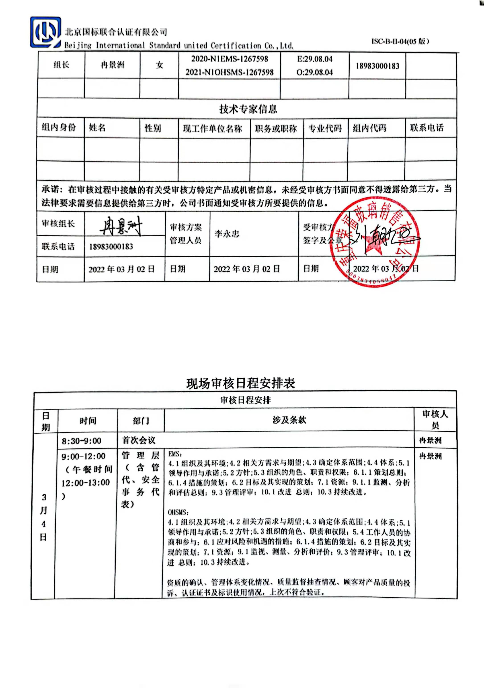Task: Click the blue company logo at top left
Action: tap(45, 32)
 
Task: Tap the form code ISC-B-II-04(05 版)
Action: tap(400, 41)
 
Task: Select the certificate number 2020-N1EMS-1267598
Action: tap(230, 59)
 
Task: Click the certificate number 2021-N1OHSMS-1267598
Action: tap(230, 72)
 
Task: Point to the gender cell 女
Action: tap(159, 65)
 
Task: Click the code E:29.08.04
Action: tap(315, 59)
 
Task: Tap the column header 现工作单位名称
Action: tap(213, 129)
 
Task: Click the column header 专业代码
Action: tap(325, 128)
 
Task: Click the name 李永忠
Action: tap(227, 233)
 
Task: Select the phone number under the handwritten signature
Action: tap(111, 247)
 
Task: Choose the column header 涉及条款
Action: tap(289, 420)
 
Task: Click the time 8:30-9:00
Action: tap(82, 441)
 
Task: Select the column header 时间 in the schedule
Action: tap(88, 421)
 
